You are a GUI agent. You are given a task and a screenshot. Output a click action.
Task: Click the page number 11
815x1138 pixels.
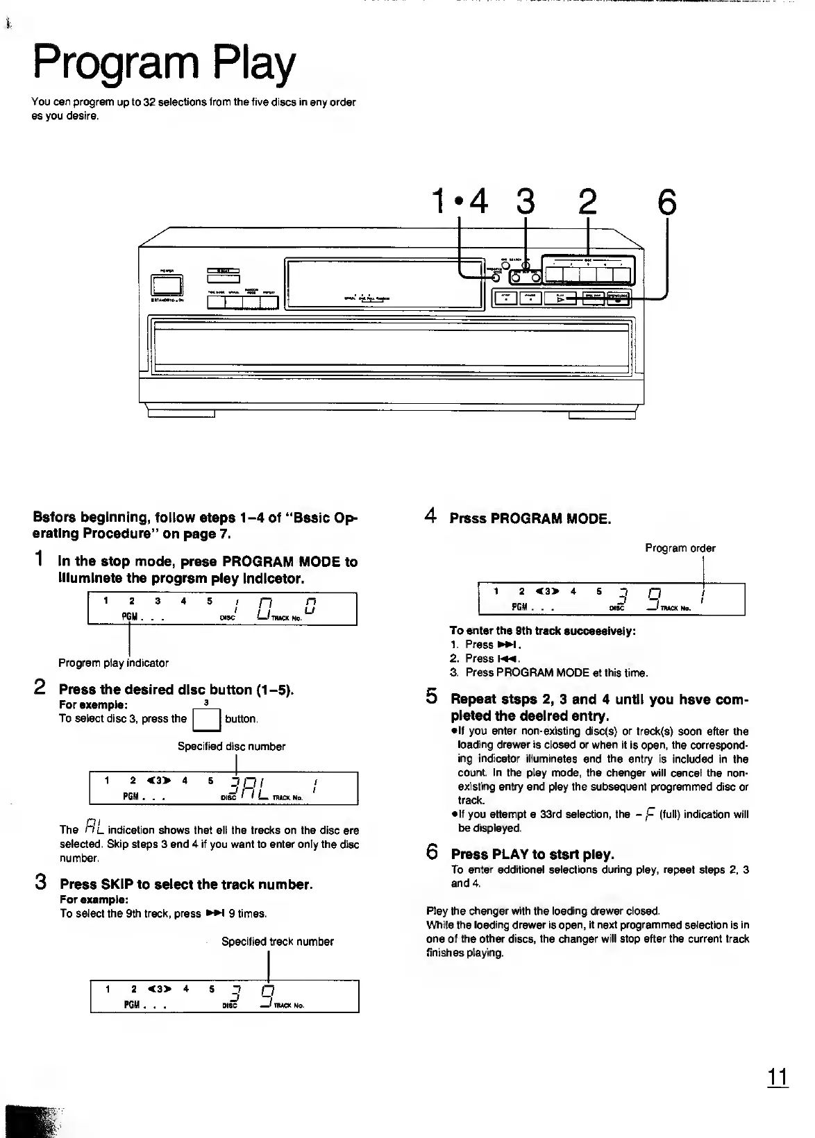click(x=778, y=1077)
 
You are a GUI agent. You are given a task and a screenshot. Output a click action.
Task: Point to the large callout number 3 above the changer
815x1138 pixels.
click(x=526, y=202)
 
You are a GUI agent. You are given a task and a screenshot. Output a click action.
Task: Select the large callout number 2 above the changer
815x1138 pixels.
click(x=587, y=202)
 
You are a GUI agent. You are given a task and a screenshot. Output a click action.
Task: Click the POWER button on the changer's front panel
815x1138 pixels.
click(x=167, y=285)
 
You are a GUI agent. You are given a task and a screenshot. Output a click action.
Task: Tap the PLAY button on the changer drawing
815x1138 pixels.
click(x=561, y=298)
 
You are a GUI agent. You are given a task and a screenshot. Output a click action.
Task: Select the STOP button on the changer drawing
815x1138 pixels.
click(x=505, y=298)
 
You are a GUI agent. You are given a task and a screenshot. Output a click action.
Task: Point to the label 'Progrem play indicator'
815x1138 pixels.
click(x=113, y=663)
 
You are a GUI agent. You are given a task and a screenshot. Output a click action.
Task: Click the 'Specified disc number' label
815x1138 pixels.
click(x=231, y=747)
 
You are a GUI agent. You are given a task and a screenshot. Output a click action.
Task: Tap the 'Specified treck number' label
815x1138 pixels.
click(x=277, y=942)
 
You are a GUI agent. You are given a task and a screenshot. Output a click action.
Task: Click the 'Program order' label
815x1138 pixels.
click(x=680, y=548)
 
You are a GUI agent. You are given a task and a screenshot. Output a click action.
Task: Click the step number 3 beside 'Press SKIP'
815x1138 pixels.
click(x=41, y=883)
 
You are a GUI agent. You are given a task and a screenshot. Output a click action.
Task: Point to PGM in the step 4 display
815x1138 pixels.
click(x=519, y=606)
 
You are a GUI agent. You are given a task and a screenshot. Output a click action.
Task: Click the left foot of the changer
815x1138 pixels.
click(x=181, y=414)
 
